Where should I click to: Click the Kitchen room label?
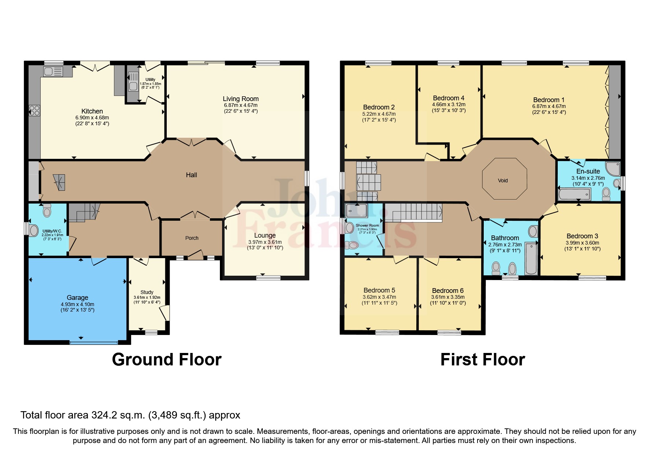[92, 111]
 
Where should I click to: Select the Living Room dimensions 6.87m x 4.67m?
[240, 105]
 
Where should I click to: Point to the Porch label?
[192, 238]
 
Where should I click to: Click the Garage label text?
[77, 298]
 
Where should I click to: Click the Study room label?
[147, 292]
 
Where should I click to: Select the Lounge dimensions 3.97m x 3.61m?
[265, 242]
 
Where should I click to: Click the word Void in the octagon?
[503, 181]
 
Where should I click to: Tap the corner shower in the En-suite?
[613, 168]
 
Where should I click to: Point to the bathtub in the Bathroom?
[531, 258]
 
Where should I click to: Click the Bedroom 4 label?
[449, 98]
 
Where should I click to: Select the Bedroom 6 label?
[448, 291]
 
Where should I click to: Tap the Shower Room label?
[367, 226]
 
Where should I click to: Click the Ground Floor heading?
[166, 360]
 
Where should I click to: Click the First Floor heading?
[482, 360]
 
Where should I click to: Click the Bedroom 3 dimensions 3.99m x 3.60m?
[582, 243]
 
